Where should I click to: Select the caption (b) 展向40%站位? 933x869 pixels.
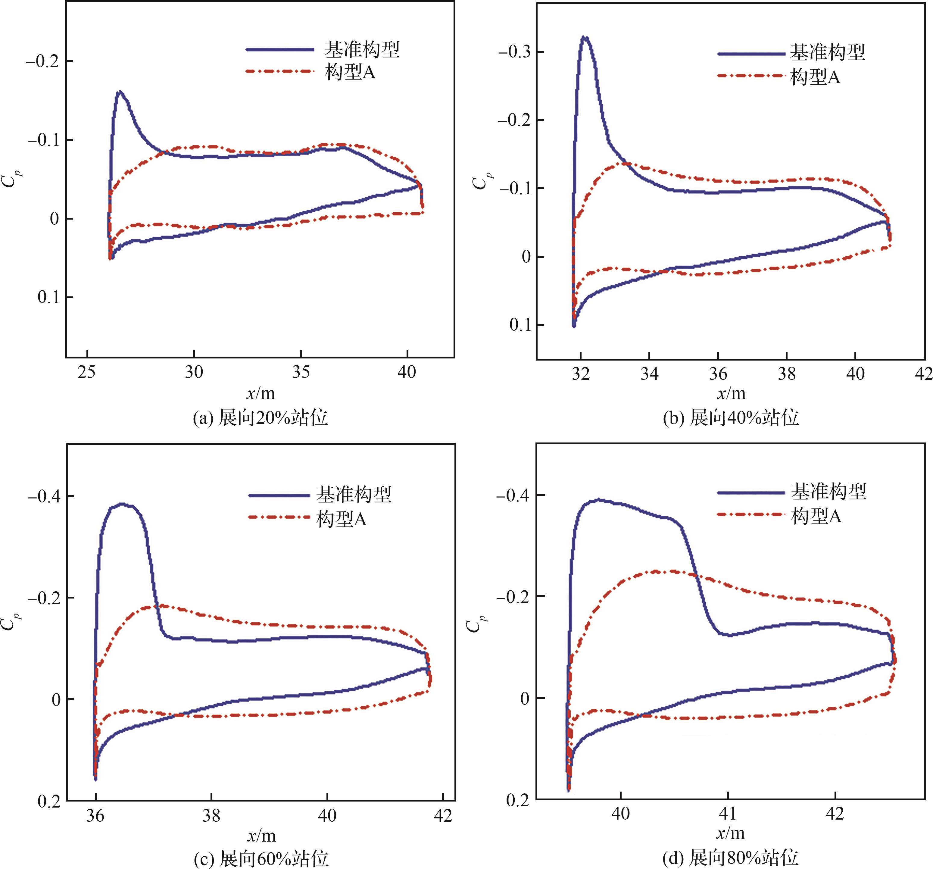coord(731,417)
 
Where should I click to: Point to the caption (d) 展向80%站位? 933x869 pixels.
coord(730,858)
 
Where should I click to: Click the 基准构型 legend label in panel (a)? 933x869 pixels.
coord(361,49)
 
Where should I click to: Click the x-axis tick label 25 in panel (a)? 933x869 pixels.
coord(86,372)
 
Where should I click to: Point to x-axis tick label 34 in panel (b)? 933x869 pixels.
coord(650,374)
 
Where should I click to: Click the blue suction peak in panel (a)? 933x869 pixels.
coord(120,92)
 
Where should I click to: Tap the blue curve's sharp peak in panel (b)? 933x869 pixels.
coord(584,37)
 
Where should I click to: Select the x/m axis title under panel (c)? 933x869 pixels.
coord(261,836)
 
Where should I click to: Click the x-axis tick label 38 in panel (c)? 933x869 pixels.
coord(211,815)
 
